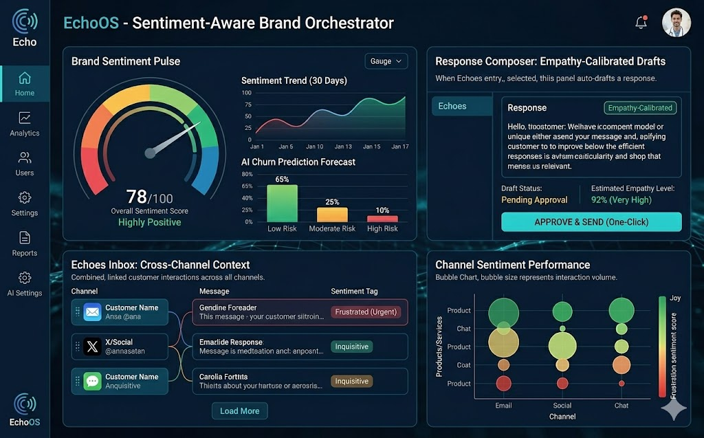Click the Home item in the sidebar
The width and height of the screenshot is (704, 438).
point(25,83)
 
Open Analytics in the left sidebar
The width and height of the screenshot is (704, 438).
point(25,124)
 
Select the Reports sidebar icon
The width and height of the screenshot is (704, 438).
point(25,244)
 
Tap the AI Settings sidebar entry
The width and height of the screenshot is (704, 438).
point(25,284)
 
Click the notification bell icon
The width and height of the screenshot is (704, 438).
point(641,23)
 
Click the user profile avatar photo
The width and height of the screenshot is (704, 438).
point(676,23)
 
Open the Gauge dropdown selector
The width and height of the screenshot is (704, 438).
point(385,61)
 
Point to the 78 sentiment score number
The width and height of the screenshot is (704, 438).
point(137,198)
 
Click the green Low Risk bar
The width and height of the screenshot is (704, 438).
point(282,203)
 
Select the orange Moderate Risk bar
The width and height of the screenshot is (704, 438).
point(332,214)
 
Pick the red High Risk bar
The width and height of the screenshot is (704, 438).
point(382,219)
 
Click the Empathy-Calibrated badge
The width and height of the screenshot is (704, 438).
point(640,108)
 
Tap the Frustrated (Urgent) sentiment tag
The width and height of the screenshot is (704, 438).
point(366,311)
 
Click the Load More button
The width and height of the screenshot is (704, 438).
point(239,411)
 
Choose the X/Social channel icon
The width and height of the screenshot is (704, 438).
point(92,347)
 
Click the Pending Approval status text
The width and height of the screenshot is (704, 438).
point(534,200)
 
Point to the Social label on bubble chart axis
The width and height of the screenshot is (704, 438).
point(562,406)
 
